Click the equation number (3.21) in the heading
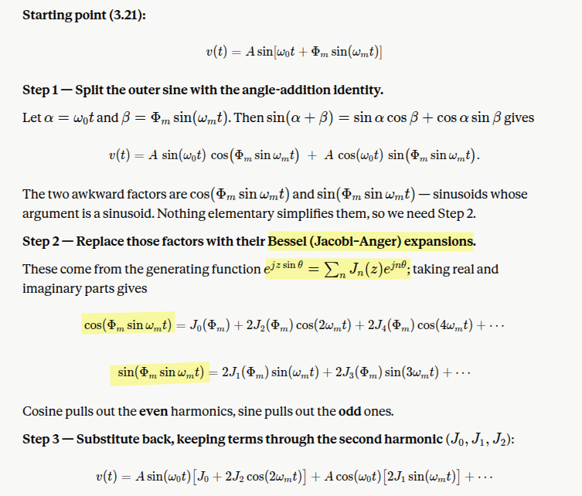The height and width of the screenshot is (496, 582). [x=128, y=15]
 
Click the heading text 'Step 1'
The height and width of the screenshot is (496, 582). [x=40, y=90]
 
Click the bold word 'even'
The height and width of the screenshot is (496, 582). [x=153, y=412]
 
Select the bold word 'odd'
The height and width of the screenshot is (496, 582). [x=349, y=412]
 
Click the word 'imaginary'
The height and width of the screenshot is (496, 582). [x=52, y=289]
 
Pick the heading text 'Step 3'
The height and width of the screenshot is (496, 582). [x=41, y=440]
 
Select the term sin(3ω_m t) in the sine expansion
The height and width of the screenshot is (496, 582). [x=412, y=372]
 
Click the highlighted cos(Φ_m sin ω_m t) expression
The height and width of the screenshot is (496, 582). [x=128, y=325]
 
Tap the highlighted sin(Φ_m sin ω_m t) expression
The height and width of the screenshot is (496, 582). [x=161, y=372]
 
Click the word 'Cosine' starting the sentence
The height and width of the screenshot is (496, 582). [x=42, y=412]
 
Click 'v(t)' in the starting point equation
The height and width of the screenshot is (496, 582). [x=216, y=52]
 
